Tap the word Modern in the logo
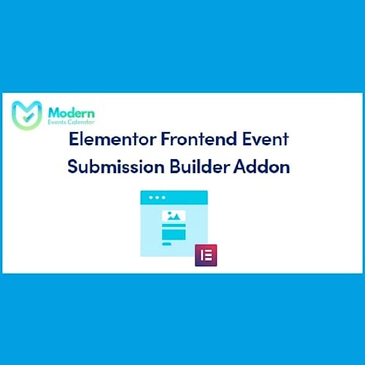pyautogui.click(x=70, y=112)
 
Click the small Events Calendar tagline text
pyautogui.click(x=70, y=124)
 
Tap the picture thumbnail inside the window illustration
pyautogui.click(x=174, y=216)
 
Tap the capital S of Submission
pyautogui.click(x=73, y=166)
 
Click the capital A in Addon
pyautogui.click(x=242, y=166)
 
